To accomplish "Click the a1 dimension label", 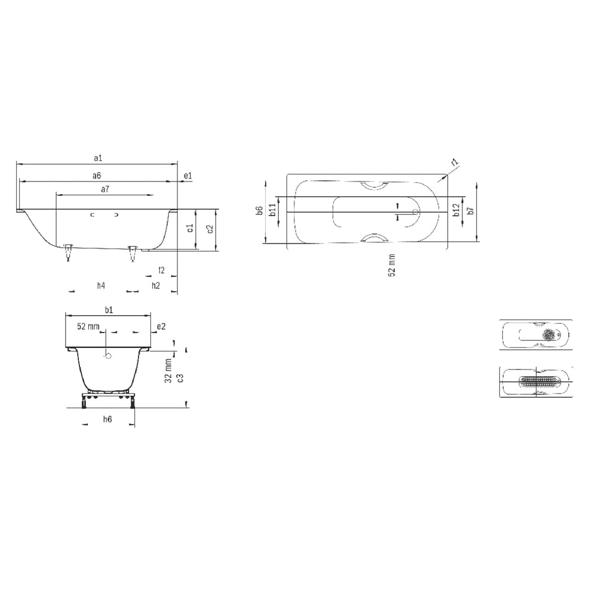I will [x=99, y=158].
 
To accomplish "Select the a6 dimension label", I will [x=96, y=176].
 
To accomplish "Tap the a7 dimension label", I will [x=104, y=189].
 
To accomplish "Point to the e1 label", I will [x=187, y=176].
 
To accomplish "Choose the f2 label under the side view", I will [x=161, y=270].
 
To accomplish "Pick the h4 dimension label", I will [x=101, y=285].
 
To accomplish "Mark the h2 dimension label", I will [x=155, y=285].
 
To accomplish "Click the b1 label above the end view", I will [x=109, y=309].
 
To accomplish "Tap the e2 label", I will [x=161, y=326].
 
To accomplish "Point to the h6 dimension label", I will [x=107, y=420].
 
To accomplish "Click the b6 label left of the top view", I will [x=259, y=211].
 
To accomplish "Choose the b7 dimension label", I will [x=470, y=210].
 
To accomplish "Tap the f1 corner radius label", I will [x=454, y=162].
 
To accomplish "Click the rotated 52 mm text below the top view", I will [x=392, y=264].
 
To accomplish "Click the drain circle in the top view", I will [x=416, y=211].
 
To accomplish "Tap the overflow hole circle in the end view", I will [x=108, y=356].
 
